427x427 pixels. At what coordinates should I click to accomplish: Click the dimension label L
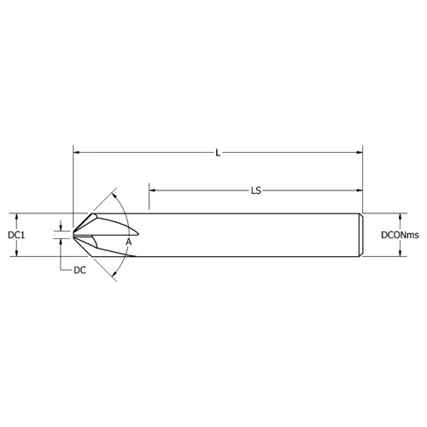click(x=219, y=153)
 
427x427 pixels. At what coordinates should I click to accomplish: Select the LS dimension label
click(x=255, y=191)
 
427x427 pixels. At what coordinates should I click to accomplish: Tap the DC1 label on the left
click(x=15, y=235)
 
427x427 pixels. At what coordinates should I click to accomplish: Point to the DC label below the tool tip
click(x=79, y=271)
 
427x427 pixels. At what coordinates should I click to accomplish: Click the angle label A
click(x=129, y=243)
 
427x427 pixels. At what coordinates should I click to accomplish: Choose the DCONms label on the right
click(x=400, y=235)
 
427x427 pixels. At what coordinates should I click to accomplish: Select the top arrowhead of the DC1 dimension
click(x=16, y=216)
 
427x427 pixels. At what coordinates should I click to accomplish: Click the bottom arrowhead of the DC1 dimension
click(x=16, y=254)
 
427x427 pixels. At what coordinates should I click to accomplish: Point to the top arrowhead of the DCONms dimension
click(x=400, y=216)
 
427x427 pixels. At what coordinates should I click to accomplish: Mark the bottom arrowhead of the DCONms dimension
click(x=400, y=254)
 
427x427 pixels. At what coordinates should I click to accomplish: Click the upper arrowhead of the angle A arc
click(x=115, y=194)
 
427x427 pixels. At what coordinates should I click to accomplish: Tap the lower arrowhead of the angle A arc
click(x=115, y=275)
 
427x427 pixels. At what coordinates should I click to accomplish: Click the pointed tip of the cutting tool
click(x=73, y=234)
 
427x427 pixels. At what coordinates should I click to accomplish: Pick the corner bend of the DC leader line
click(x=61, y=271)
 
